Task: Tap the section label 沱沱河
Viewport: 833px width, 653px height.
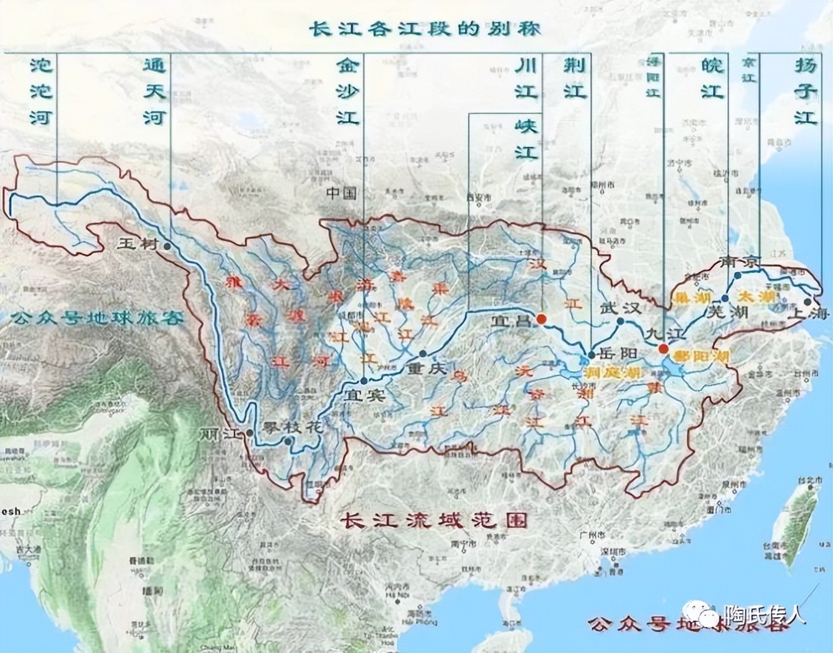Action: click(x=41, y=92)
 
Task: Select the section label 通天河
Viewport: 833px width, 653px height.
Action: click(x=155, y=92)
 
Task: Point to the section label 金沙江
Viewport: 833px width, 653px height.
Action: click(x=348, y=92)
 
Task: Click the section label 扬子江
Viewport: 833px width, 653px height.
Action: click(x=805, y=92)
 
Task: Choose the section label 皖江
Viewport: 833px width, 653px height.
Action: click(x=712, y=79)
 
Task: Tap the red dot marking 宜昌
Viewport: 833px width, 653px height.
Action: click(x=542, y=319)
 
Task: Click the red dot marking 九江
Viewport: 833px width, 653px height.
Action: click(x=663, y=349)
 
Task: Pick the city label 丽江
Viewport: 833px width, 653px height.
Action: click(x=220, y=434)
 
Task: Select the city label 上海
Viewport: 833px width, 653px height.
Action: click(x=808, y=313)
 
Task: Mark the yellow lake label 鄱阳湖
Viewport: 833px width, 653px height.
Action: click(x=702, y=357)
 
